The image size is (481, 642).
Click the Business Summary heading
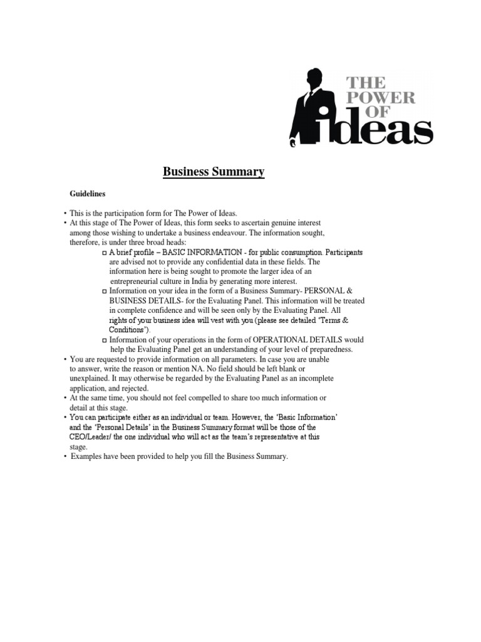pyautogui.click(x=214, y=171)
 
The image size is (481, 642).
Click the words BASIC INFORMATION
pyautogui.click(x=197, y=253)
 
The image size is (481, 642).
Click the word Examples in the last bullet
pyautogui.click(x=86, y=456)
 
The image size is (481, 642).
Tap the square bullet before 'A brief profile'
pyautogui.click(x=104, y=253)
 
